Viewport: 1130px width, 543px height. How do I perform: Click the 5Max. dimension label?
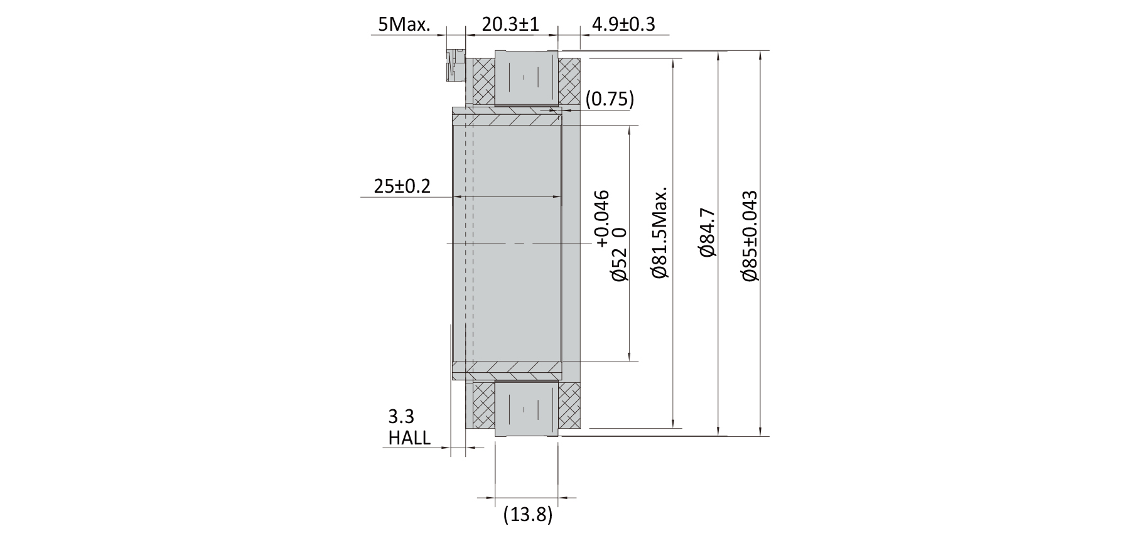pyautogui.click(x=403, y=24)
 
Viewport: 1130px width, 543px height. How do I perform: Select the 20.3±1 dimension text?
pyautogui.click(x=510, y=24)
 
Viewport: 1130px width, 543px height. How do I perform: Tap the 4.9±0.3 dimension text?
pyautogui.click(x=623, y=24)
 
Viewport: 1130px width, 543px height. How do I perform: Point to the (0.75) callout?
pyautogui.click(x=609, y=99)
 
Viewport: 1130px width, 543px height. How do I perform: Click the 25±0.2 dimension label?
pyautogui.click(x=402, y=186)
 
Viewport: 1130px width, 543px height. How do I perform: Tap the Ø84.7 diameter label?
pyautogui.click(x=707, y=232)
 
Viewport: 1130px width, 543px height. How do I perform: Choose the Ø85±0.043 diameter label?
pyautogui.click(x=750, y=235)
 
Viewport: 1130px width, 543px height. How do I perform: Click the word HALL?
pyautogui.click(x=409, y=438)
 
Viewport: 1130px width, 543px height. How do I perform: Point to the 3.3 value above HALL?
pyautogui.click(x=401, y=417)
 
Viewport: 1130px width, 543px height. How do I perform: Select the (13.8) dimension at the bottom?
pyautogui.click(x=528, y=515)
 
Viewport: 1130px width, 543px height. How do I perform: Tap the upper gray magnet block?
pyautogui.click(x=527, y=78)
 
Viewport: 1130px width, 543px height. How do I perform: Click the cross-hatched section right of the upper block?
pyautogui.click(x=569, y=82)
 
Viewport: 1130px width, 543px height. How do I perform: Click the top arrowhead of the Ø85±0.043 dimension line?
pyautogui.click(x=760, y=55)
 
